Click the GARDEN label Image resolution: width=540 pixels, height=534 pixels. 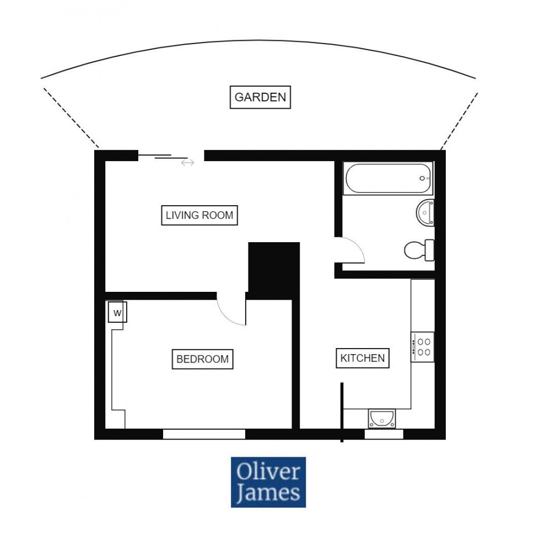pyautogui.click(x=260, y=98)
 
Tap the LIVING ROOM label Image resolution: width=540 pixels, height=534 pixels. pyautogui.click(x=199, y=215)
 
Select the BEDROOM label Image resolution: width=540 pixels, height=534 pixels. pyautogui.click(x=202, y=359)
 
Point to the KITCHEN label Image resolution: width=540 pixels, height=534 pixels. pyautogui.click(x=362, y=358)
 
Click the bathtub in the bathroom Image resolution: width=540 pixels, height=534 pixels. pyautogui.click(x=388, y=178)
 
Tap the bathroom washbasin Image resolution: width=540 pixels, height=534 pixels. pyautogui.click(x=425, y=213)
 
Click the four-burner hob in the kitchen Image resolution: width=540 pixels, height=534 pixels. pyautogui.click(x=423, y=347)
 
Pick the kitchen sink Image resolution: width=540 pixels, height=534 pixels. pyautogui.click(x=381, y=418)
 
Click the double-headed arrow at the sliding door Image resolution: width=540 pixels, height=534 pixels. pyautogui.click(x=188, y=163)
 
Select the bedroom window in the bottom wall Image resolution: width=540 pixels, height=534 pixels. pyautogui.click(x=204, y=434)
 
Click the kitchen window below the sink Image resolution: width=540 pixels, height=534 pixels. pyautogui.click(x=384, y=434)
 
